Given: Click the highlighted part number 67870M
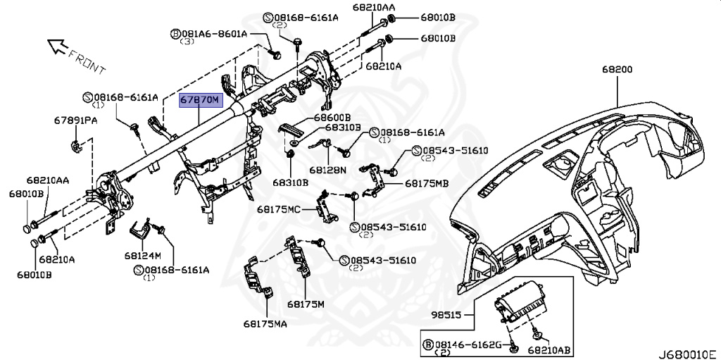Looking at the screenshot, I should tap(200, 101).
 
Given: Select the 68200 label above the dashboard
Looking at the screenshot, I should tap(617, 70).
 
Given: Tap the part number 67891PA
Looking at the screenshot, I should tap(75, 120).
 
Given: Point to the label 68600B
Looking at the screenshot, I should tap(332, 117).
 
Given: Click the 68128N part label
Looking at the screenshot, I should tap(327, 170).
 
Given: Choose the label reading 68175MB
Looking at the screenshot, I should tap(426, 183).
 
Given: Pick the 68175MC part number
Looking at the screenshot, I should tap(279, 209).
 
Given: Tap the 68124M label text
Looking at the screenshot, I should tap(143, 255).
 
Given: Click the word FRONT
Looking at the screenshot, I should tap(89, 61).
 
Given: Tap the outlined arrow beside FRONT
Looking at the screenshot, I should tap(56, 47).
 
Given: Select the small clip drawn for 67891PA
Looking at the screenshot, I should tap(77, 146).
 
